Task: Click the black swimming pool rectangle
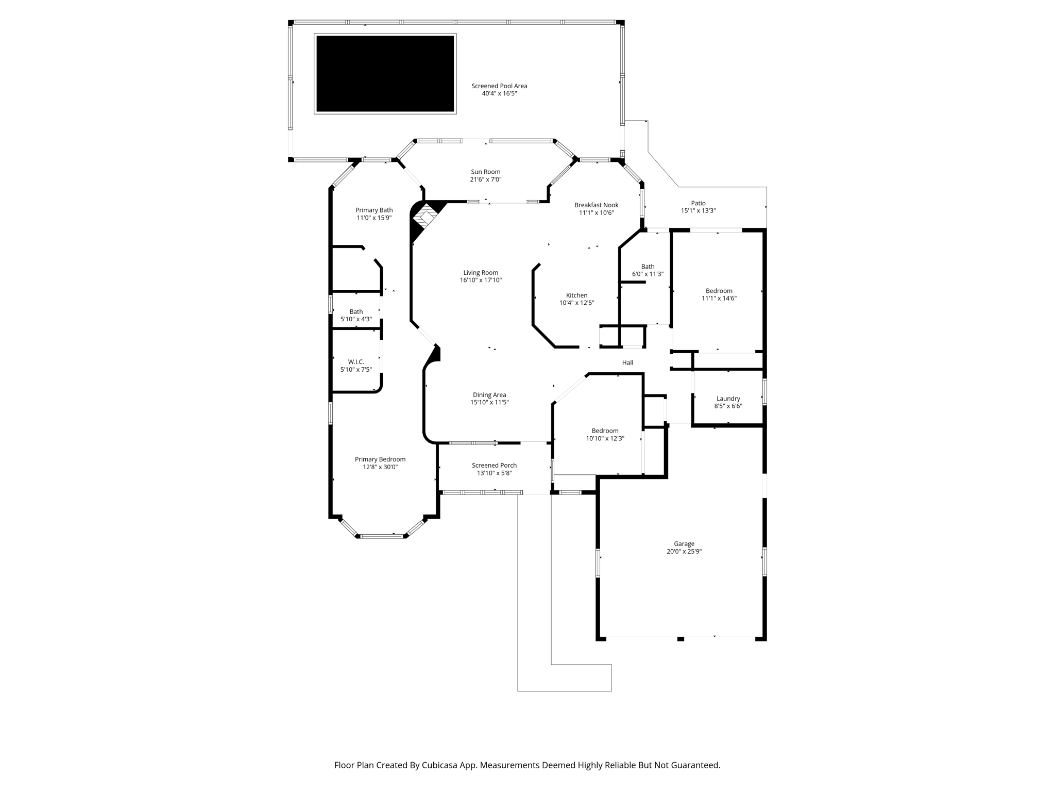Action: tap(385, 74)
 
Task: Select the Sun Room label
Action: tap(485, 172)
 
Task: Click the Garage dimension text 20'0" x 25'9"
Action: tap(684, 551)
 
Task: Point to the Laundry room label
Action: tap(728, 399)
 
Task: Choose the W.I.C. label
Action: tap(356, 362)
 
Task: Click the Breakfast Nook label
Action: tap(597, 205)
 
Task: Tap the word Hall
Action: tap(627, 362)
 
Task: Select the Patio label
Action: tap(699, 203)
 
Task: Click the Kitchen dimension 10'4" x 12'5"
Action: tap(577, 303)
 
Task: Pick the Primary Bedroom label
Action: tap(380, 459)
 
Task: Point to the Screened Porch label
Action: tap(494, 465)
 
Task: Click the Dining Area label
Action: tap(489, 395)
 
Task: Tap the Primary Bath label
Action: tap(374, 210)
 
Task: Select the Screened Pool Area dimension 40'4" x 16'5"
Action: tap(499, 93)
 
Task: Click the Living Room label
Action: tap(481, 273)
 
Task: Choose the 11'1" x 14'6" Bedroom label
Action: tap(719, 294)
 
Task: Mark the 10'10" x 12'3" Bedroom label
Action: tap(605, 435)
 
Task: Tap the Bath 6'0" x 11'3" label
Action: tap(648, 270)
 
